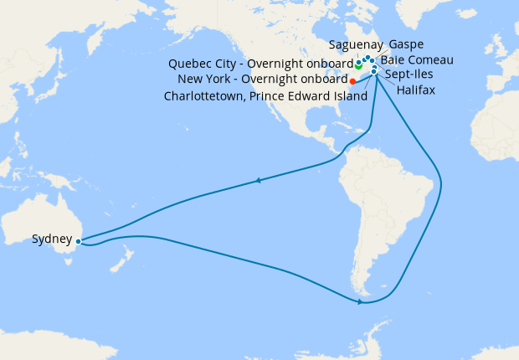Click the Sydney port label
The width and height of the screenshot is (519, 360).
pyautogui.click(x=51, y=239)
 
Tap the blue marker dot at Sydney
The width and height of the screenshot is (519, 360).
pyautogui.click(x=78, y=241)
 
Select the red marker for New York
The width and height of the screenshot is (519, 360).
pyautogui.click(x=352, y=81)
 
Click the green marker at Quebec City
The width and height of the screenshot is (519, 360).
pyautogui.click(x=358, y=64)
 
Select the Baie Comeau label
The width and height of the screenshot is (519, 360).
pyautogui.click(x=417, y=60)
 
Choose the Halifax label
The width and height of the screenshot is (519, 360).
pyautogui.click(x=416, y=89)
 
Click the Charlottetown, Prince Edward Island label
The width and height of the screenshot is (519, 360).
pyautogui.click(x=265, y=96)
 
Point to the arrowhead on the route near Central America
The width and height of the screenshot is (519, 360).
pyautogui.click(x=259, y=179)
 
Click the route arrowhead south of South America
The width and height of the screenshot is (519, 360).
pyautogui.click(x=360, y=301)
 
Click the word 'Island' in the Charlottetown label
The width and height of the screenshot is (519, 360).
pyautogui.click(x=347, y=96)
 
